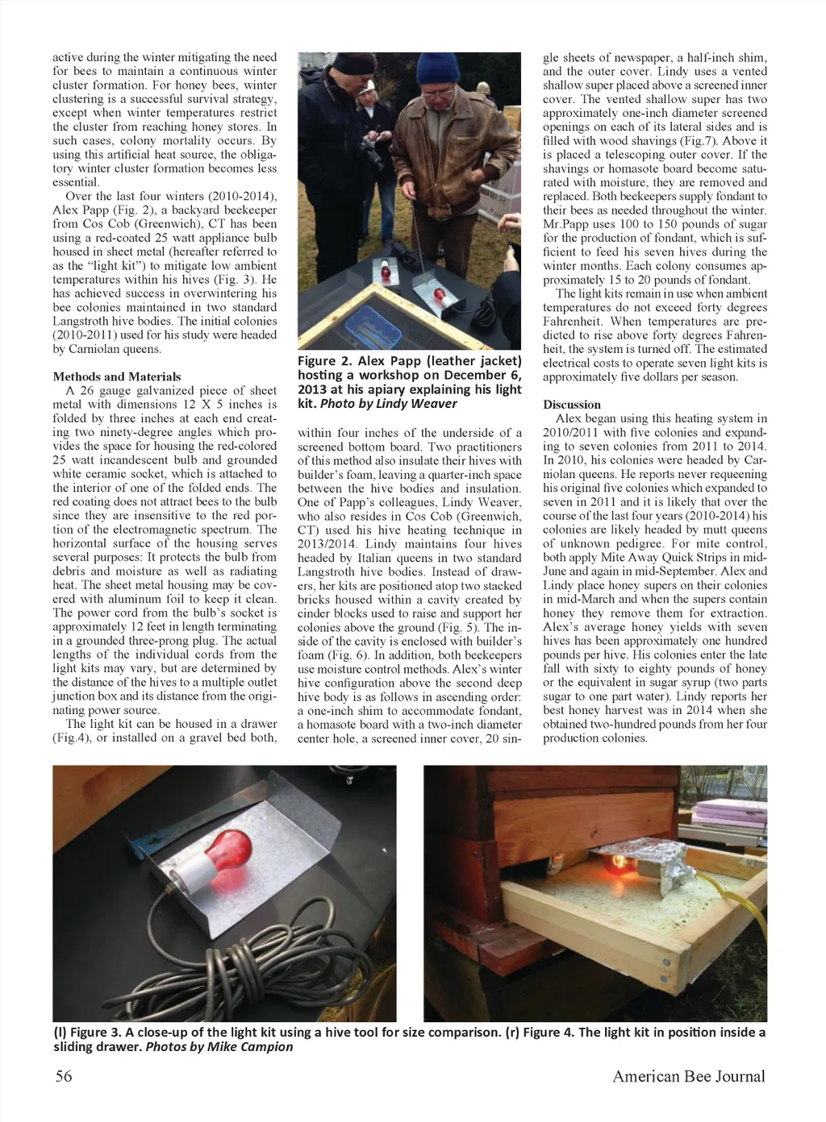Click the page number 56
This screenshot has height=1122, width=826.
pyautogui.click(x=63, y=1076)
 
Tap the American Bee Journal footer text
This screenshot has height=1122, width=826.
pyautogui.click(x=688, y=1076)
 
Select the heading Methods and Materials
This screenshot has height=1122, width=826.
pyautogui.click(x=117, y=376)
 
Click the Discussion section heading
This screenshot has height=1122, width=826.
pyautogui.click(x=572, y=405)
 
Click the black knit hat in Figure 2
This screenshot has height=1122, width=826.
pyautogui.click(x=353, y=64)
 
